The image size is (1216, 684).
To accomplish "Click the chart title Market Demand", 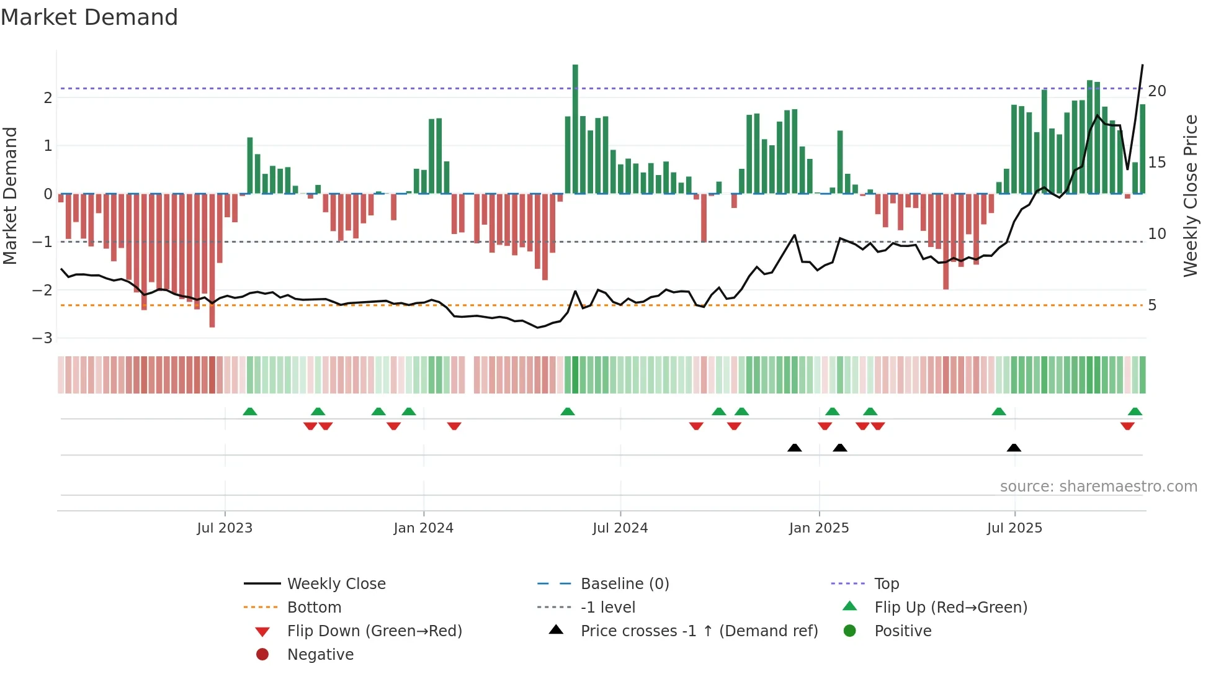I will coord(89,17).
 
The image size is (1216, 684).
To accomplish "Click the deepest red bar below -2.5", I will coord(212,261).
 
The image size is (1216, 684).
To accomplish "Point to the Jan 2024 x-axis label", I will coord(423,528).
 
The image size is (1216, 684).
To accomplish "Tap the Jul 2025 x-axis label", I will coord(1014,528).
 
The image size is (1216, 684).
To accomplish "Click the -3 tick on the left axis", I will coord(43,338).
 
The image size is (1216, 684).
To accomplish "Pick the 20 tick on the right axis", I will coord(1157,91).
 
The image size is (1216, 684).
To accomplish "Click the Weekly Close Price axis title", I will coord(1190,196).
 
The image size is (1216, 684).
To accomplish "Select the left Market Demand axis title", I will coord(10,196).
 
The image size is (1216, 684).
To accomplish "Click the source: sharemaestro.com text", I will coord(1098,486).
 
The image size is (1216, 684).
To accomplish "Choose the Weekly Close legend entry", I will coord(336,583).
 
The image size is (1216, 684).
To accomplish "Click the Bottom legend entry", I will coord(314,607).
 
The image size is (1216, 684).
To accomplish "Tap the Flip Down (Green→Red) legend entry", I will coord(374,631).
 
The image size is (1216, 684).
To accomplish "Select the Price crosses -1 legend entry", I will coord(699,631).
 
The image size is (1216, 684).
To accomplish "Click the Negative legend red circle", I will coord(262,654).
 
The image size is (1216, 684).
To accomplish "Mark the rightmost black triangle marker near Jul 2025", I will coord(1014,448).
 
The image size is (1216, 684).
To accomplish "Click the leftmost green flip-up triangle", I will coord(249,412).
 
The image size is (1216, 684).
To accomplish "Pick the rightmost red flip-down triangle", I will coord(1127,426).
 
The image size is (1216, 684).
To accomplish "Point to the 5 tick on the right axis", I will coord(1152,305).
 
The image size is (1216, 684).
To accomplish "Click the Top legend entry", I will coord(887,583).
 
